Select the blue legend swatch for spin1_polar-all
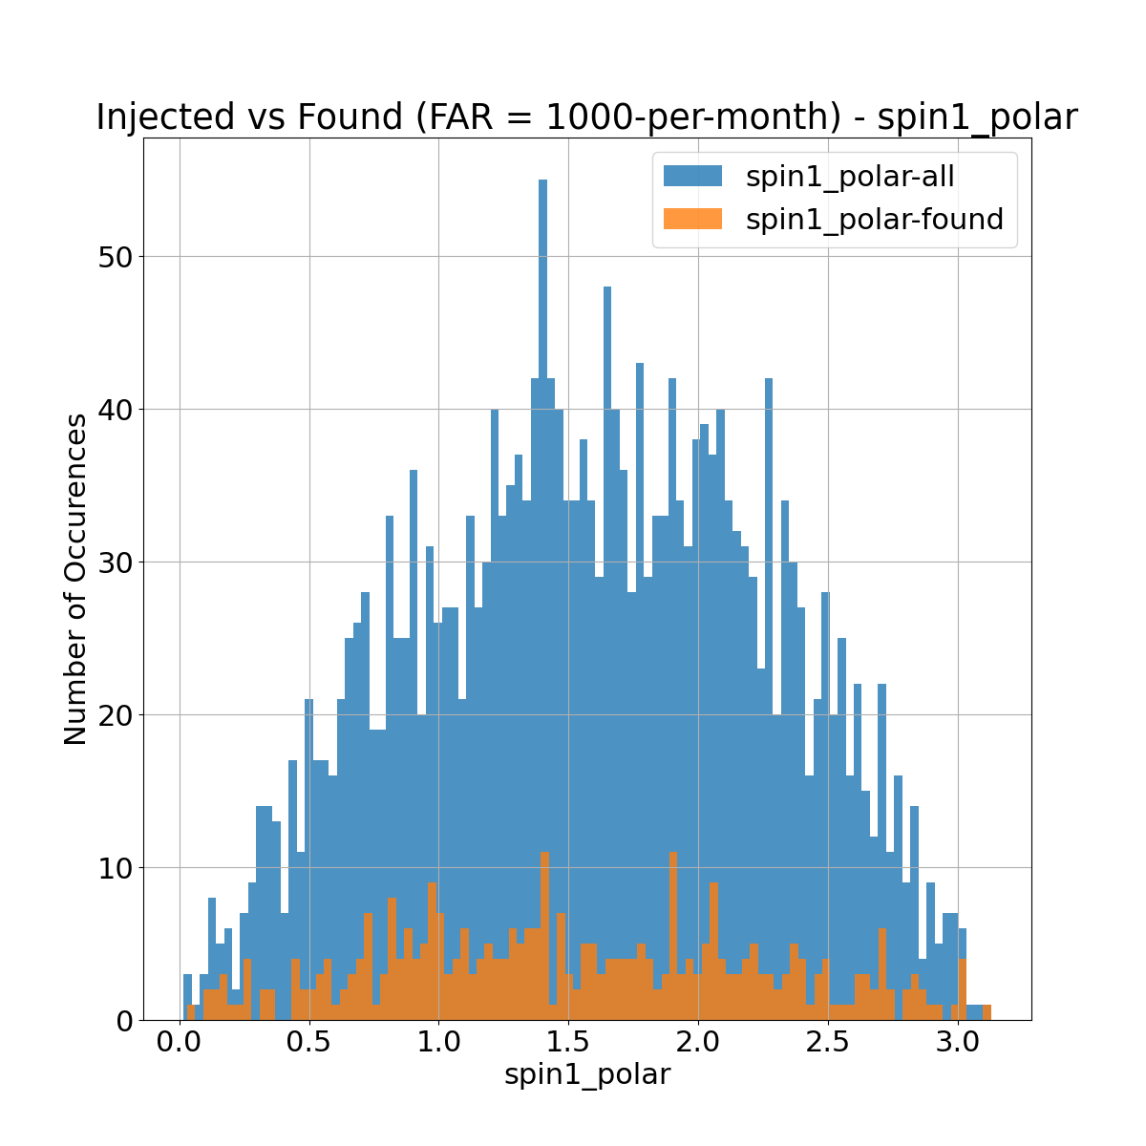(x=693, y=176)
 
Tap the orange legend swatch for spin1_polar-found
(x=693, y=220)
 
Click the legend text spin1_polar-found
(x=874, y=220)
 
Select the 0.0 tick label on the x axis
(x=180, y=1040)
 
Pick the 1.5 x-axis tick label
(x=568, y=1040)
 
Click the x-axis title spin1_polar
(x=587, y=1074)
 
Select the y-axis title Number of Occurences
(x=75, y=579)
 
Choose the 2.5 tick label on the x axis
(x=828, y=1040)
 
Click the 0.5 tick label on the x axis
(x=309, y=1040)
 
